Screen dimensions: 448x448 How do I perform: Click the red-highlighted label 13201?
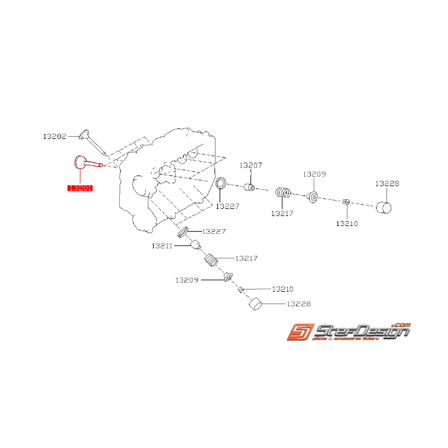(80, 188)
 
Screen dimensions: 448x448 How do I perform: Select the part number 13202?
(55, 136)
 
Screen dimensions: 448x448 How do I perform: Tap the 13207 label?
(251, 165)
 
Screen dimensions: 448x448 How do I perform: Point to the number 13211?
(162, 245)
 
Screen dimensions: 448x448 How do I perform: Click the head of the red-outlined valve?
(79, 162)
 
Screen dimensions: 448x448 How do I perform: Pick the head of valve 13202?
(85, 133)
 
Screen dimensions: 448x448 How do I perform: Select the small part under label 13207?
(250, 187)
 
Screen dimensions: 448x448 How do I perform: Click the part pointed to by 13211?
(195, 246)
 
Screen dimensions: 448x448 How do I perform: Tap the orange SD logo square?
(299, 332)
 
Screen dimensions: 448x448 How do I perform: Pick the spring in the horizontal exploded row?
(282, 193)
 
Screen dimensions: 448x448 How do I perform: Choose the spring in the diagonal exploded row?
(211, 260)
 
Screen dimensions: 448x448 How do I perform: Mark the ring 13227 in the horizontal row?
(220, 183)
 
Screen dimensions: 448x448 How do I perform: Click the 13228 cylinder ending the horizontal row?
(384, 207)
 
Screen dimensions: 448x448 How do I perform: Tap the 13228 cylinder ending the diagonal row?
(256, 304)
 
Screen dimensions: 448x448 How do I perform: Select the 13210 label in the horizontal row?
(347, 223)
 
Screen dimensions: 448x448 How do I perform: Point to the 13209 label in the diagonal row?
(187, 280)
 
